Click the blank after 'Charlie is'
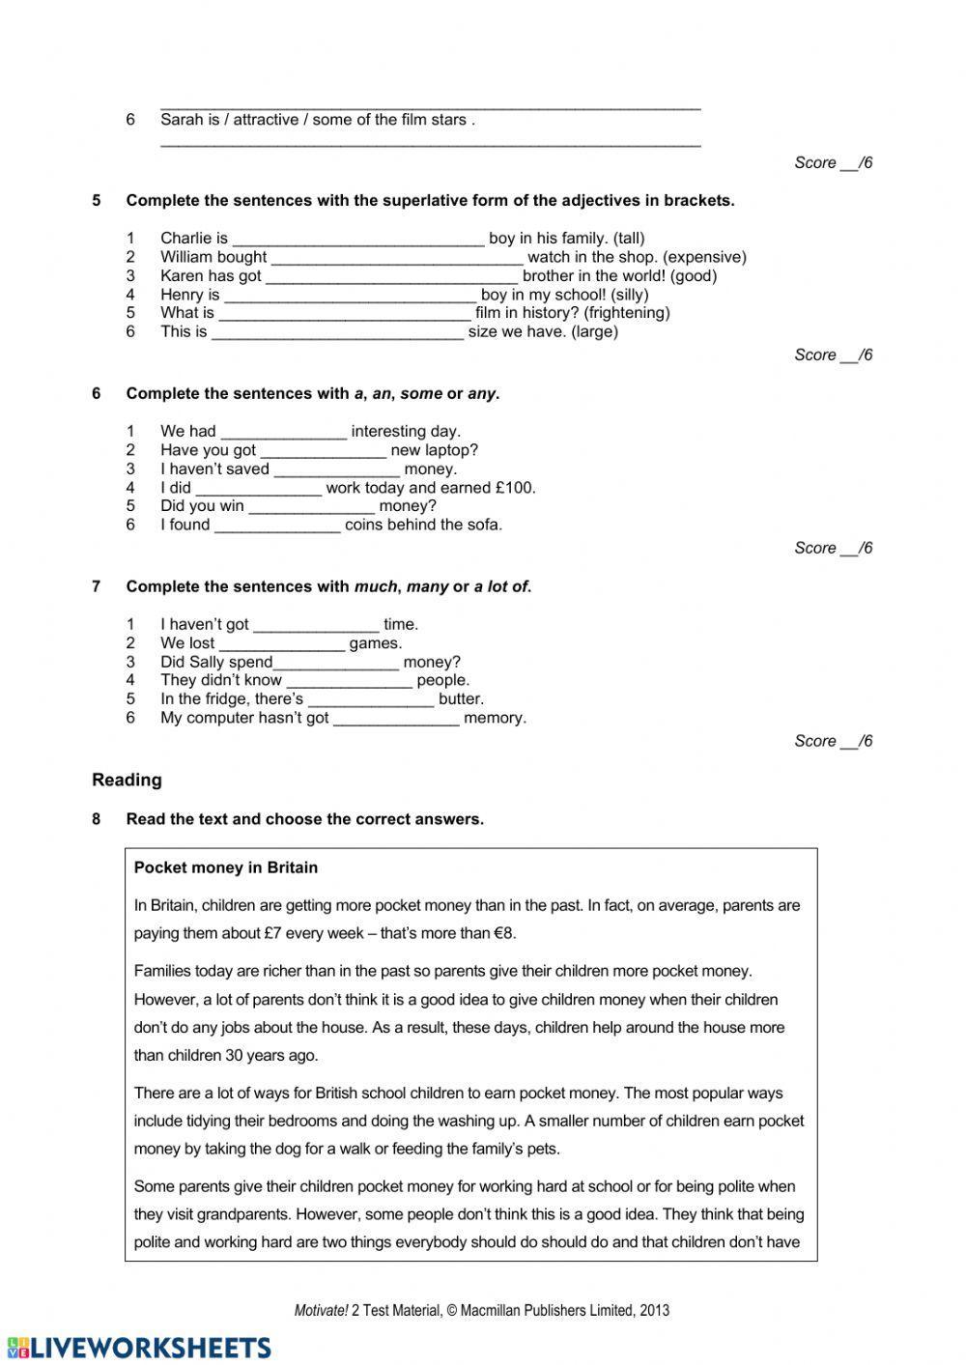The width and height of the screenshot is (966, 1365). pyautogui.click(x=357, y=239)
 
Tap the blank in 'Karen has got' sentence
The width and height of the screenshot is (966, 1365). pyautogui.click(x=391, y=276)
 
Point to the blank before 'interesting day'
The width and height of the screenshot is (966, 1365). pyautogui.click(x=283, y=432)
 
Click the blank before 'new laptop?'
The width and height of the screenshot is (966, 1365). pyautogui.click(x=323, y=450)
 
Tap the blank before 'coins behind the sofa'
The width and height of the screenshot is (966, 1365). pyautogui.click(x=277, y=526)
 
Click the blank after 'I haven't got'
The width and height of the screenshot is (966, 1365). pyautogui.click(x=316, y=625)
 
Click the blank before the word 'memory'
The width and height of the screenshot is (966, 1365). pyautogui.click(x=396, y=719)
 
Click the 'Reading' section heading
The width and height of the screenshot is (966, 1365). pyautogui.click(x=127, y=780)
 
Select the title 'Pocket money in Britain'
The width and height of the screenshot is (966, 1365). pyautogui.click(x=226, y=867)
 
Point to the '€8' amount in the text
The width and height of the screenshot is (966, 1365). pyautogui.click(x=505, y=933)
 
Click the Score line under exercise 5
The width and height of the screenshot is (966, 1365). pyautogui.click(x=833, y=355)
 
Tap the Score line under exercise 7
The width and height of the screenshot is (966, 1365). pyautogui.click(x=833, y=741)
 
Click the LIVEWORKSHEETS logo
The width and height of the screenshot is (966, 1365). pyautogui.click(x=138, y=1348)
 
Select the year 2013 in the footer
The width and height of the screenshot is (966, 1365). pyautogui.click(x=653, y=1311)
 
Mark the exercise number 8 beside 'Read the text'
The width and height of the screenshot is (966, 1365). pyautogui.click(x=97, y=819)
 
